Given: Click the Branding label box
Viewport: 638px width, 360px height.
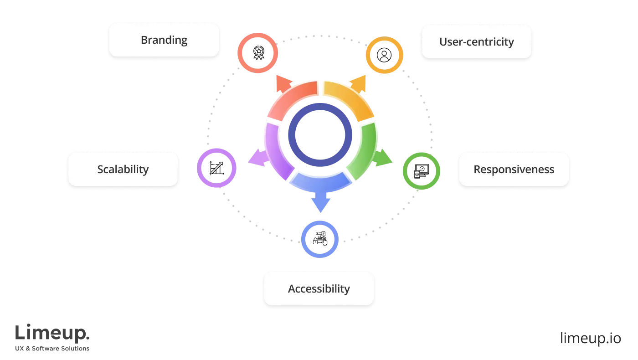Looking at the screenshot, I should pyautogui.click(x=164, y=40).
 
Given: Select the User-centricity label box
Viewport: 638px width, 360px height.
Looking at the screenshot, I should pyautogui.click(x=476, y=42).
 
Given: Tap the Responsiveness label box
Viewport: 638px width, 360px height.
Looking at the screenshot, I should pyautogui.click(x=514, y=170).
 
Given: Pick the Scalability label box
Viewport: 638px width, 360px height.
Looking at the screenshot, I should pyautogui.click(x=123, y=170).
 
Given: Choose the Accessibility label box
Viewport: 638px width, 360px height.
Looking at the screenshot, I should pyautogui.click(x=319, y=289).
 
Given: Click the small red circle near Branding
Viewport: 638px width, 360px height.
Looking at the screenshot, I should pyautogui.click(x=257, y=53).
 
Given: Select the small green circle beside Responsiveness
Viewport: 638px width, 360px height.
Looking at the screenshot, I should pyautogui.click(x=421, y=171).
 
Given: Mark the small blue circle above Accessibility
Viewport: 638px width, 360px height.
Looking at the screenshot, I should pyautogui.click(x=320, y=239).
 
